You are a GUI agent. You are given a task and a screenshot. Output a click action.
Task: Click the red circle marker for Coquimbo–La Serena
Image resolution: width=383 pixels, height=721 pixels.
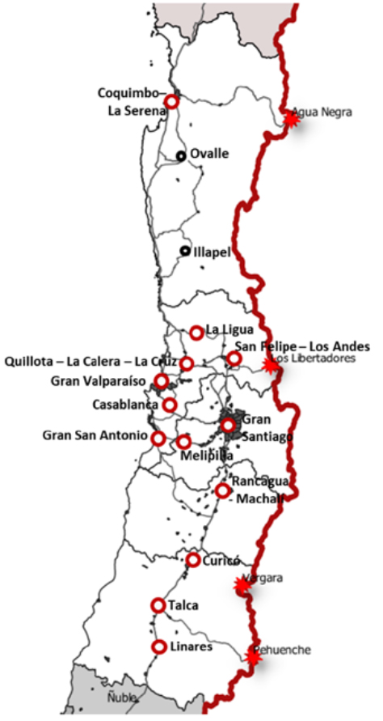pyautogui.click(x=171, y=101)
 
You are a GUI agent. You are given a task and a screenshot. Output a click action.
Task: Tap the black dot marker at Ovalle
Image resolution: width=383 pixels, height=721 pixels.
pyautogui.click(x=181, y=155)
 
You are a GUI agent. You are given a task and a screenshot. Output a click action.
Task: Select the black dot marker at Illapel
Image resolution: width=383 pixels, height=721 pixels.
pyautogui.click(x=185, y=252)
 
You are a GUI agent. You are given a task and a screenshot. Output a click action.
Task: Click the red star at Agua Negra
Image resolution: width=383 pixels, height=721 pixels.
pyautogui.click(x=292, y=118)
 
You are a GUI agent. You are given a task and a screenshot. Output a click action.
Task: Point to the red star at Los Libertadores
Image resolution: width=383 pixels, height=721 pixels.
pyautogui.click(x=271, y=366)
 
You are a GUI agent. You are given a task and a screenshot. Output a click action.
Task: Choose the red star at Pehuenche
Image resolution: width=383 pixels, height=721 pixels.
pyautogui.click(x=254, y=656)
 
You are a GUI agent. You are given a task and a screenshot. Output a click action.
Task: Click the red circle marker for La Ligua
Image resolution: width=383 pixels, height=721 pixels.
pyautogui.click(x=196, y=332)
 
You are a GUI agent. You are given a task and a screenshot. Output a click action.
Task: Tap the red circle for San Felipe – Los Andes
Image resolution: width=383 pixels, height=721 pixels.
pyautogui.click(x=234, y=358)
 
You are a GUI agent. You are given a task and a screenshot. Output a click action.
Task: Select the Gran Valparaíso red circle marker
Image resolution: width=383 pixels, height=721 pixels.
pyautogui.click(x=162, y=381)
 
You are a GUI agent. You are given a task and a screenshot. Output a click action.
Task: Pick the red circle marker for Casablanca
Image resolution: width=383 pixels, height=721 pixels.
pyautogui.click(x=169, y=405)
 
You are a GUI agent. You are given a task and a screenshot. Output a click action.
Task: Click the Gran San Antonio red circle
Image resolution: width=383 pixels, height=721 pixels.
pyautogui.click(x=158, y=438)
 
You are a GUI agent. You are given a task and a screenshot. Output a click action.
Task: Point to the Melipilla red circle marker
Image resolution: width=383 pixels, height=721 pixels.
pyautogui.click(x=183, y=442)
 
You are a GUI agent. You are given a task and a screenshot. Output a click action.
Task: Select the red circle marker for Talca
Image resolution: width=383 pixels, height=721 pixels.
pyautogui.click(x=158, y=604)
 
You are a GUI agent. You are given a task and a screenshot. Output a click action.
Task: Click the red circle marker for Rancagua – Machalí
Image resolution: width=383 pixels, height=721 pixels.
pyautogui.click(x=222, y=490)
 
